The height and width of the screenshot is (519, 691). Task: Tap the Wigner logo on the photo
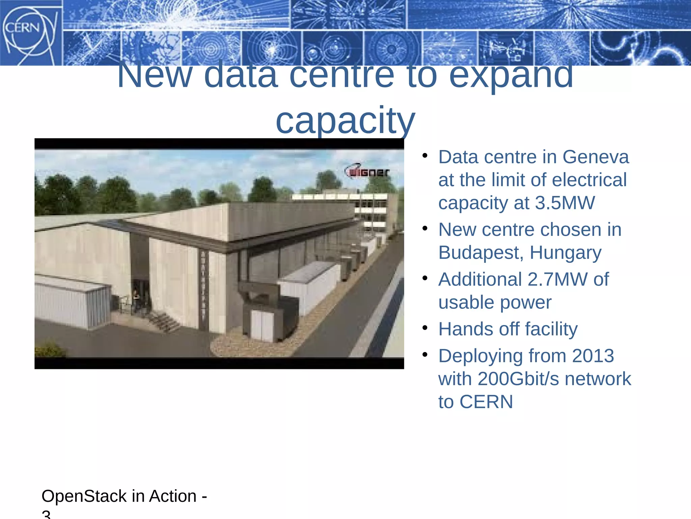[367, 172]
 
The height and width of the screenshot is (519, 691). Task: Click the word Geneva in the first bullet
[596, 157]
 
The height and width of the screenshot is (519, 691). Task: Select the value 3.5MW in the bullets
[565, 203]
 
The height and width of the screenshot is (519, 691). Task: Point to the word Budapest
[479, 253]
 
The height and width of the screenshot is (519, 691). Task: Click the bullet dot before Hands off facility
[425, 328]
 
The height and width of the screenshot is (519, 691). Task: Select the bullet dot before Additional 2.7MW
[425, 278]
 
